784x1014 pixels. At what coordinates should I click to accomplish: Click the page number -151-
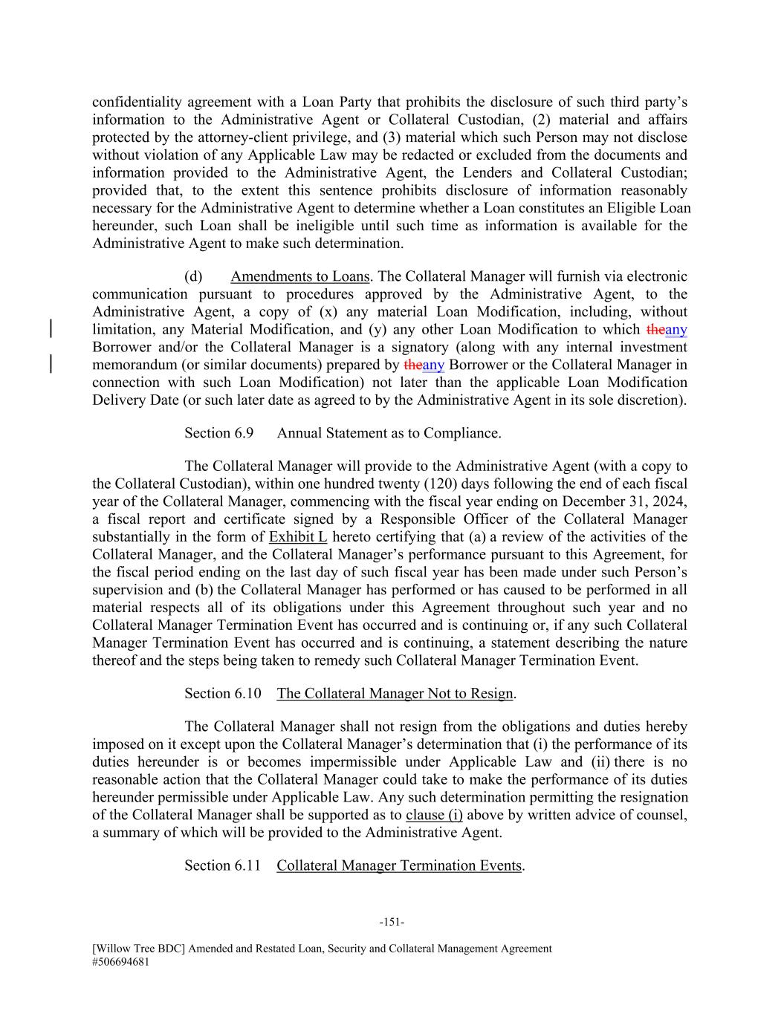(x=392, y=922)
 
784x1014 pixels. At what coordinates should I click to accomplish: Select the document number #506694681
(x=121, y=961)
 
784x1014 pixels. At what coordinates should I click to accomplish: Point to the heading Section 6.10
(x=223, y=693)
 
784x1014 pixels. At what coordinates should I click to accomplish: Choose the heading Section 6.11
(x=223, y=865)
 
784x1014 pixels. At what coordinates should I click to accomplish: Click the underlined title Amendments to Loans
(x=299, y=276)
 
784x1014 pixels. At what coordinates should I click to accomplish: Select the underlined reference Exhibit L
(x=298, y=536)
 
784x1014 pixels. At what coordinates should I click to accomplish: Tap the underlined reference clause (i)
(x=434, y=815)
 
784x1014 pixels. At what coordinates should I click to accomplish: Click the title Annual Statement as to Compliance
(x=389, y=433)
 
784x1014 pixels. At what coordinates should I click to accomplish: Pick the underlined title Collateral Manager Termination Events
(x=399, y=865)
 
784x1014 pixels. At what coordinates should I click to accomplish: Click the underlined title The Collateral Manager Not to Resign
(x=395, y=693)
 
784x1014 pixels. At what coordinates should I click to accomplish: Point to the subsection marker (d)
(x=193, y=276)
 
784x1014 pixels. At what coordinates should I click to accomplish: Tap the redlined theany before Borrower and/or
(x=667, y=329)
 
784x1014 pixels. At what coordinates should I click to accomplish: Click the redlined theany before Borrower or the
(x=424, y=365)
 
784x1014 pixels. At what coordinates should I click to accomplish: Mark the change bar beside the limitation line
(x=50, y=329)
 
